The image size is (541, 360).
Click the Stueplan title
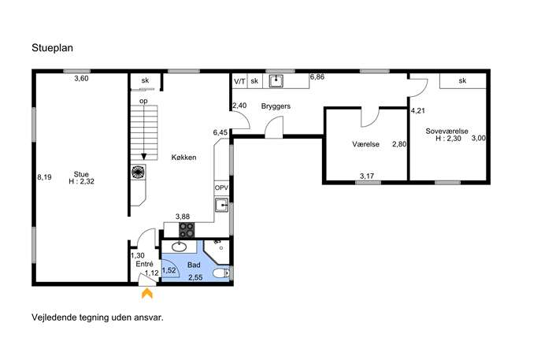click(x=52, y=47)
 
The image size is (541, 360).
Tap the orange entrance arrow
click(x=147, y=293)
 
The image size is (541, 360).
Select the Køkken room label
click(x=184, y=158)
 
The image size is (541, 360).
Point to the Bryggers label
click(x=276, y=106)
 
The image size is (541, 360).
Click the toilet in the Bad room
click(x=221, y=273)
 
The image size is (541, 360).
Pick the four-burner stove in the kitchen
click(x=187, y=230)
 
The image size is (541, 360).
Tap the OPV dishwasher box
click(x=221, y=188)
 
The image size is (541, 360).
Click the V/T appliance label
click(x=239, y=81)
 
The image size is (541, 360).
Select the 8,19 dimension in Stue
click(x=45, y=177)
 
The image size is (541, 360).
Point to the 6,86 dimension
click(x=317, y=77)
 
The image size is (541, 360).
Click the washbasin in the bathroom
click(x=179, y=247)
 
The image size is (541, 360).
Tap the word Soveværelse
click(x=447, y=132)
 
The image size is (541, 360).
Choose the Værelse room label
click(x=365, y=144)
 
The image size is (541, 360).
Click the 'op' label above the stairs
click(x=143, y=101)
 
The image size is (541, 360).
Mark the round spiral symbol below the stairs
click(x=138, y=172)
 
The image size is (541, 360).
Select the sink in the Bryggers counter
click(x=276, y=81)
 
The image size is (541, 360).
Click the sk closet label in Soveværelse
click(x=463, y=81)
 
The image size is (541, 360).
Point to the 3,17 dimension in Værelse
click(x=367, y=176)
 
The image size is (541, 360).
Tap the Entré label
click(x=145, y=264)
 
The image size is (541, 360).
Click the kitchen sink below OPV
click(x=221, y=205)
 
